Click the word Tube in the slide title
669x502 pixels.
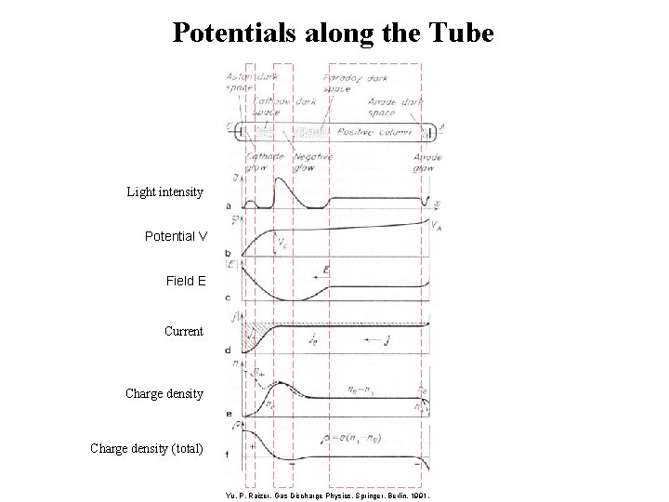click(460, 33)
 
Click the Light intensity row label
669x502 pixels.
click(164, 192)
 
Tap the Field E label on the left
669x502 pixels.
click(186, 280)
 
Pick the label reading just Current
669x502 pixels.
click(183, 331)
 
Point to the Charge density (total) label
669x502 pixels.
click(146, 448)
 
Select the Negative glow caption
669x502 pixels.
click(312, 164)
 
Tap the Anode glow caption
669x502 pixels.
click(426, 164)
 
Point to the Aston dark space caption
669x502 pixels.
click(240, 84)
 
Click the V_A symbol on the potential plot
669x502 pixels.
click(436, 225)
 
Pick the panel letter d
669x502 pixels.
click(229, 350)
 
